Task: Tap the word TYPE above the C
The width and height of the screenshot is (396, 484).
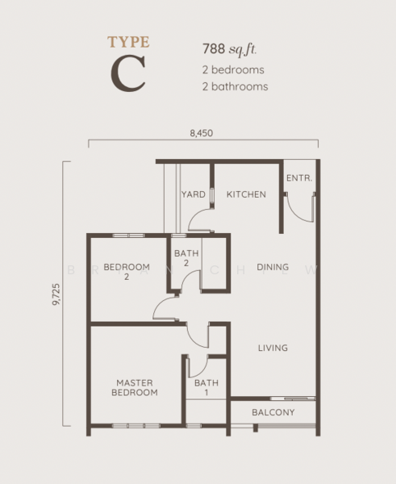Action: [128, 42]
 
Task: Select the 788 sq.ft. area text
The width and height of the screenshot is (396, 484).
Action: [230, 49]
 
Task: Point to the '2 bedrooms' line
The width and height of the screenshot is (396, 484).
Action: [233, 69]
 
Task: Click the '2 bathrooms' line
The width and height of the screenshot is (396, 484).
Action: [236, 86]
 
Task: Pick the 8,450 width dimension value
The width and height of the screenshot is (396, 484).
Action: [202, 133]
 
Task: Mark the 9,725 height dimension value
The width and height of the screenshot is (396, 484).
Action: [56, 294]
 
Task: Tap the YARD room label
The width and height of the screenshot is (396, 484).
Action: [194, 194]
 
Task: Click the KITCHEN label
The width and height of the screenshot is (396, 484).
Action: [246, 194]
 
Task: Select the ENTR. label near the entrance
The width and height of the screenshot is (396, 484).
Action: [299, 178]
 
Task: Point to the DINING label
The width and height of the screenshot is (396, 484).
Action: [273, 267]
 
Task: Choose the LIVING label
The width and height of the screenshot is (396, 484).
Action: [273, 348]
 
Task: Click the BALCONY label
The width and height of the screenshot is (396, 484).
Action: [273, 412]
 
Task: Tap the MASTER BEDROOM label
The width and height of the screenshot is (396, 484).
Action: [135, 388]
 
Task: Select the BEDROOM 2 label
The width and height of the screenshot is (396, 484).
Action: [127, 272]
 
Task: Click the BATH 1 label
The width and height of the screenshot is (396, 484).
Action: [206, 388]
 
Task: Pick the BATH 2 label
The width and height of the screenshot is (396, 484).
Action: [186, 258]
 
